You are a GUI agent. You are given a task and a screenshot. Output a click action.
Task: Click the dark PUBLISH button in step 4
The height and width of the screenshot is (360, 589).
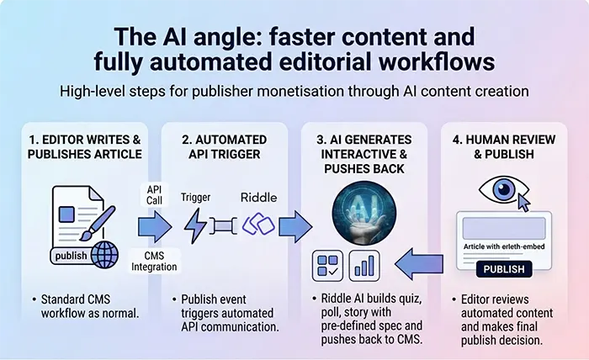[x=505, y=270]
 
